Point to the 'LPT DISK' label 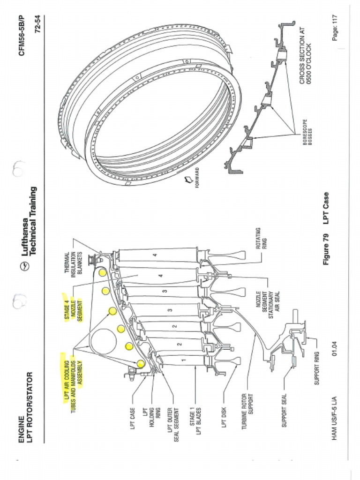[224, 418]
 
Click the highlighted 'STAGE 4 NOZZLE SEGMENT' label [73, 307]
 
